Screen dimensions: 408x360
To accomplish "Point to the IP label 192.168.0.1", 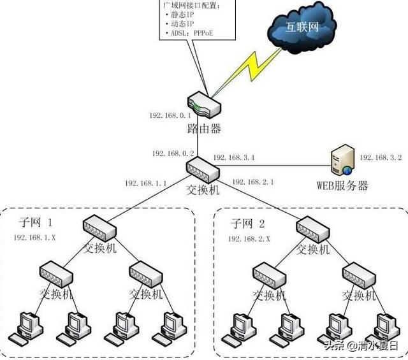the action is point(170,115).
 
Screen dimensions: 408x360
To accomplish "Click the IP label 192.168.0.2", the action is point(173,154).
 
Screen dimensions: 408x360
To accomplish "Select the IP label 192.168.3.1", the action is point(234,157).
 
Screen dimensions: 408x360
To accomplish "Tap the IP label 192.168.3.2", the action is point(381,157).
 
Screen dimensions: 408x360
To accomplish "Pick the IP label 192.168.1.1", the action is point(146,183).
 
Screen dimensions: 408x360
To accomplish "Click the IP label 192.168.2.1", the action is point(253,182).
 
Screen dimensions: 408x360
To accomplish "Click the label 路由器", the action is point(204,129).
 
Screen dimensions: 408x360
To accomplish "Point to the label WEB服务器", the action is point(342,185).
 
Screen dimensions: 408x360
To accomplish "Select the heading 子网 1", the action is point(36,222).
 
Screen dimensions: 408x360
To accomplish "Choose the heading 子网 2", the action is point(248,224).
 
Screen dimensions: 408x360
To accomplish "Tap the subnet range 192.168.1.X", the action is point(34,238).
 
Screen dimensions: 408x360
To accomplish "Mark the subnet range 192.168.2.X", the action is point(249,239).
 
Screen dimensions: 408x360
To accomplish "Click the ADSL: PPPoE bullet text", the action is point(189,33).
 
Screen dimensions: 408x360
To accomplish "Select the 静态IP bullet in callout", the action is point(180,15).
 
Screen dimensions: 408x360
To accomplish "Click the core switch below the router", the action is point(203,170).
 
